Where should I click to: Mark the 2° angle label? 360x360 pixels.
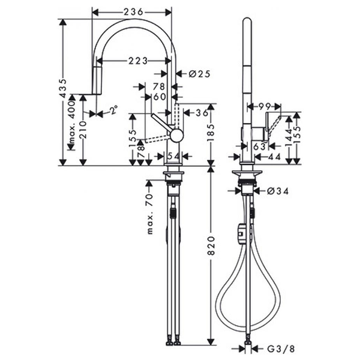click(113, 110)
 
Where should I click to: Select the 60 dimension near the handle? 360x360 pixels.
click(158, 96)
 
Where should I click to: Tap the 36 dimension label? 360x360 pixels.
click(201, 112)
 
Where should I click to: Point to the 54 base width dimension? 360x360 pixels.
click(172, 156)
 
